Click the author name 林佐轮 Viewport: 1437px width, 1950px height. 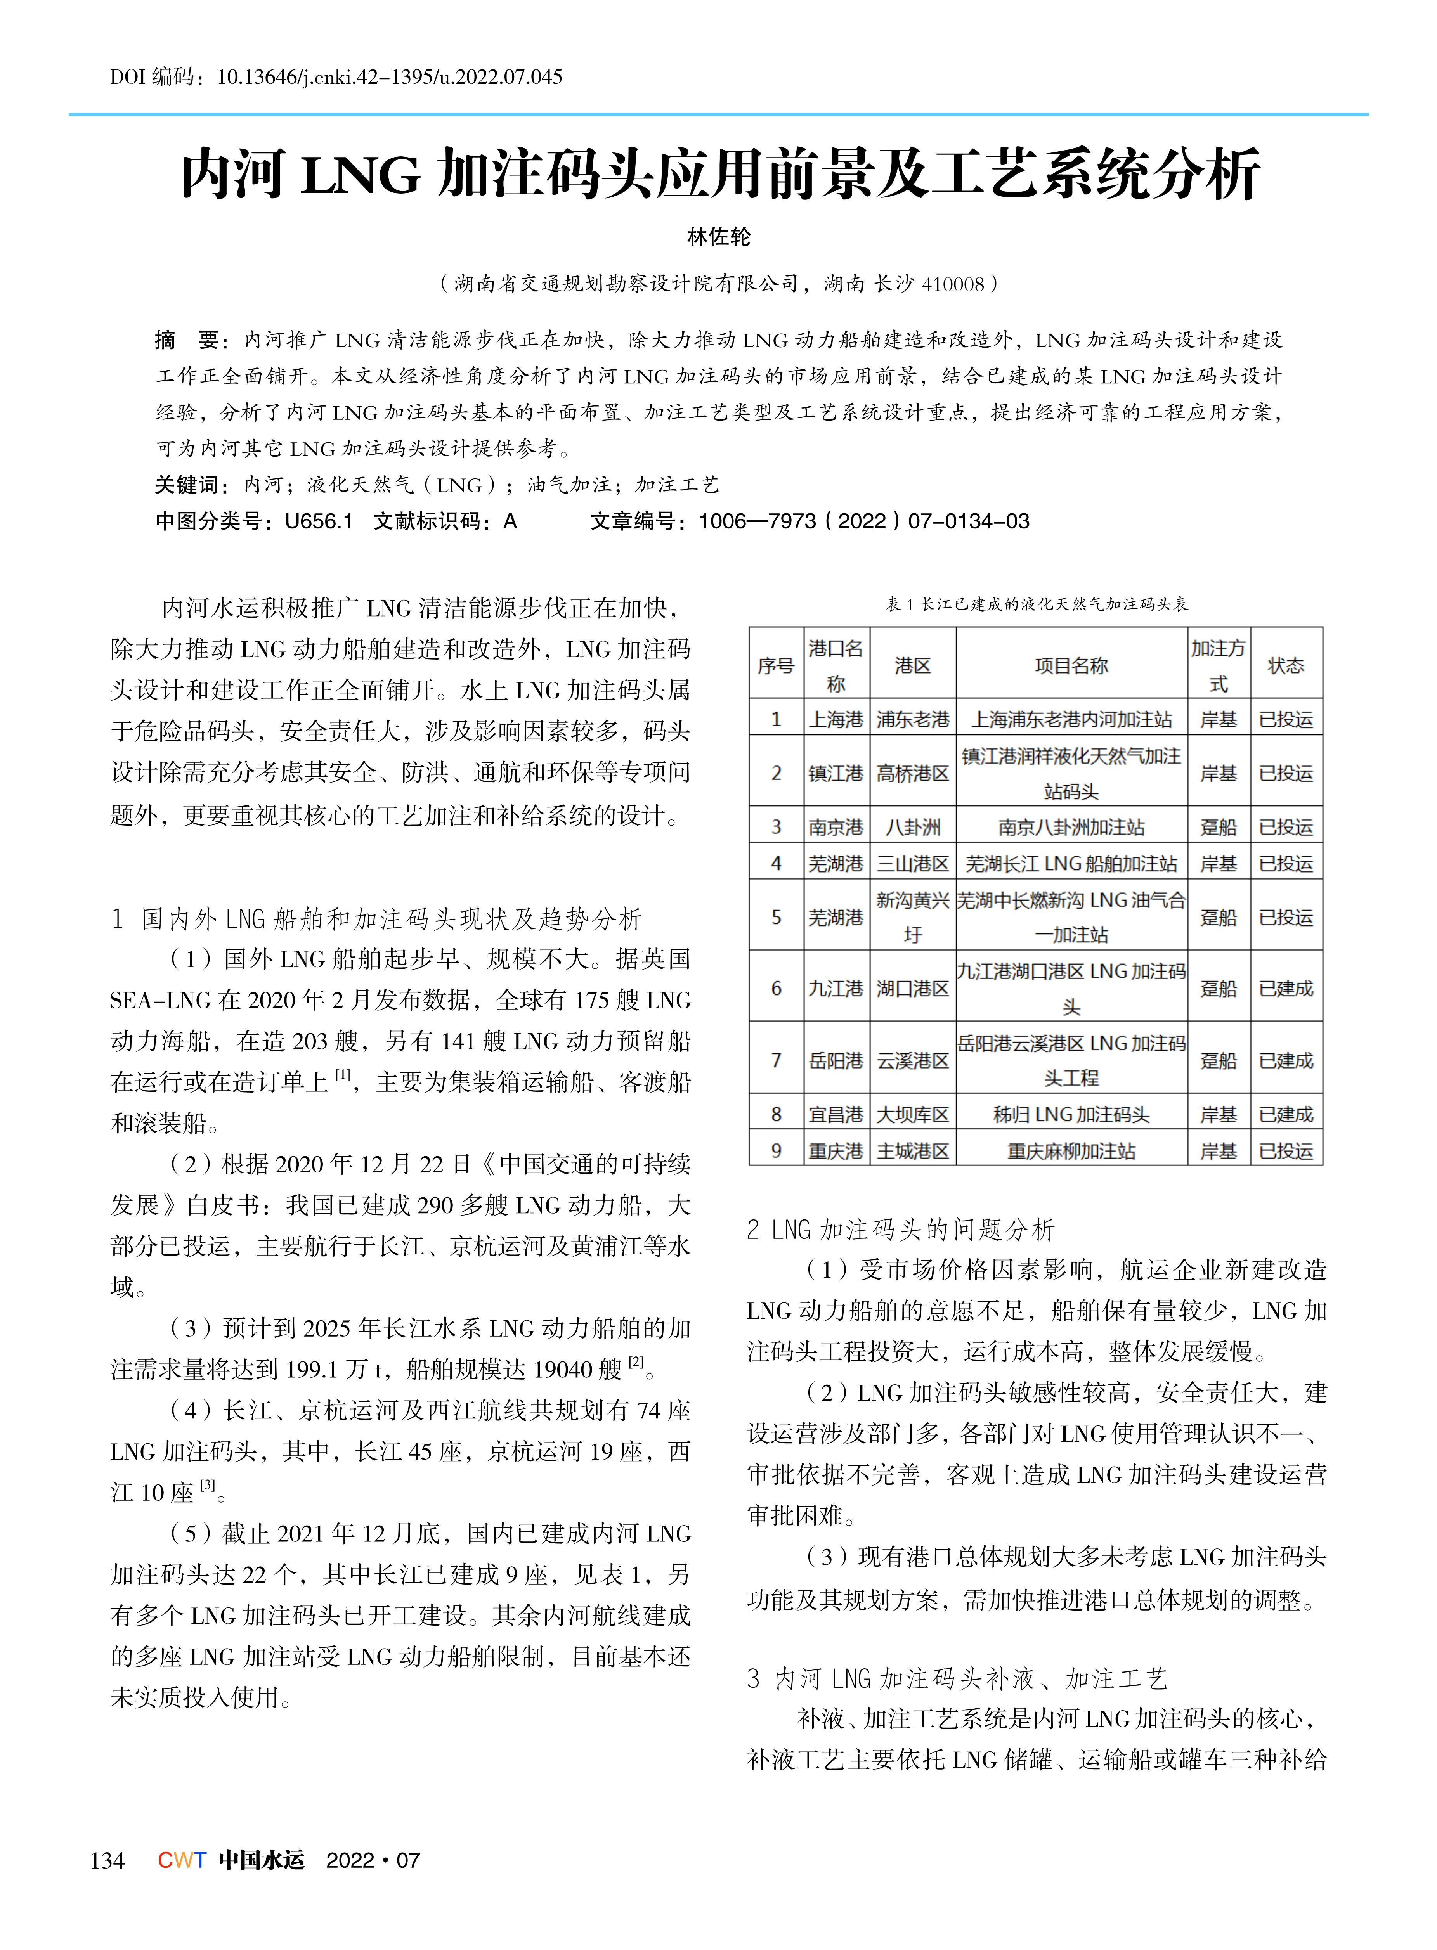coord(719,236)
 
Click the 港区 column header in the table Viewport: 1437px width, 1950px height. coord(912,665)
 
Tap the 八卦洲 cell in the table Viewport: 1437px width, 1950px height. coord(912,827)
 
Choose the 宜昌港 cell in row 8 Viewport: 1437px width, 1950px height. coord(835,1114)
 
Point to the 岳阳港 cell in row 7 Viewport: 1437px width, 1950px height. coord(835,1060)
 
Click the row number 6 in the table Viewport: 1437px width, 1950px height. coord(776,988)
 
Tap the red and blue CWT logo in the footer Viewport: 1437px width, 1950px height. coord(182,1860)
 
